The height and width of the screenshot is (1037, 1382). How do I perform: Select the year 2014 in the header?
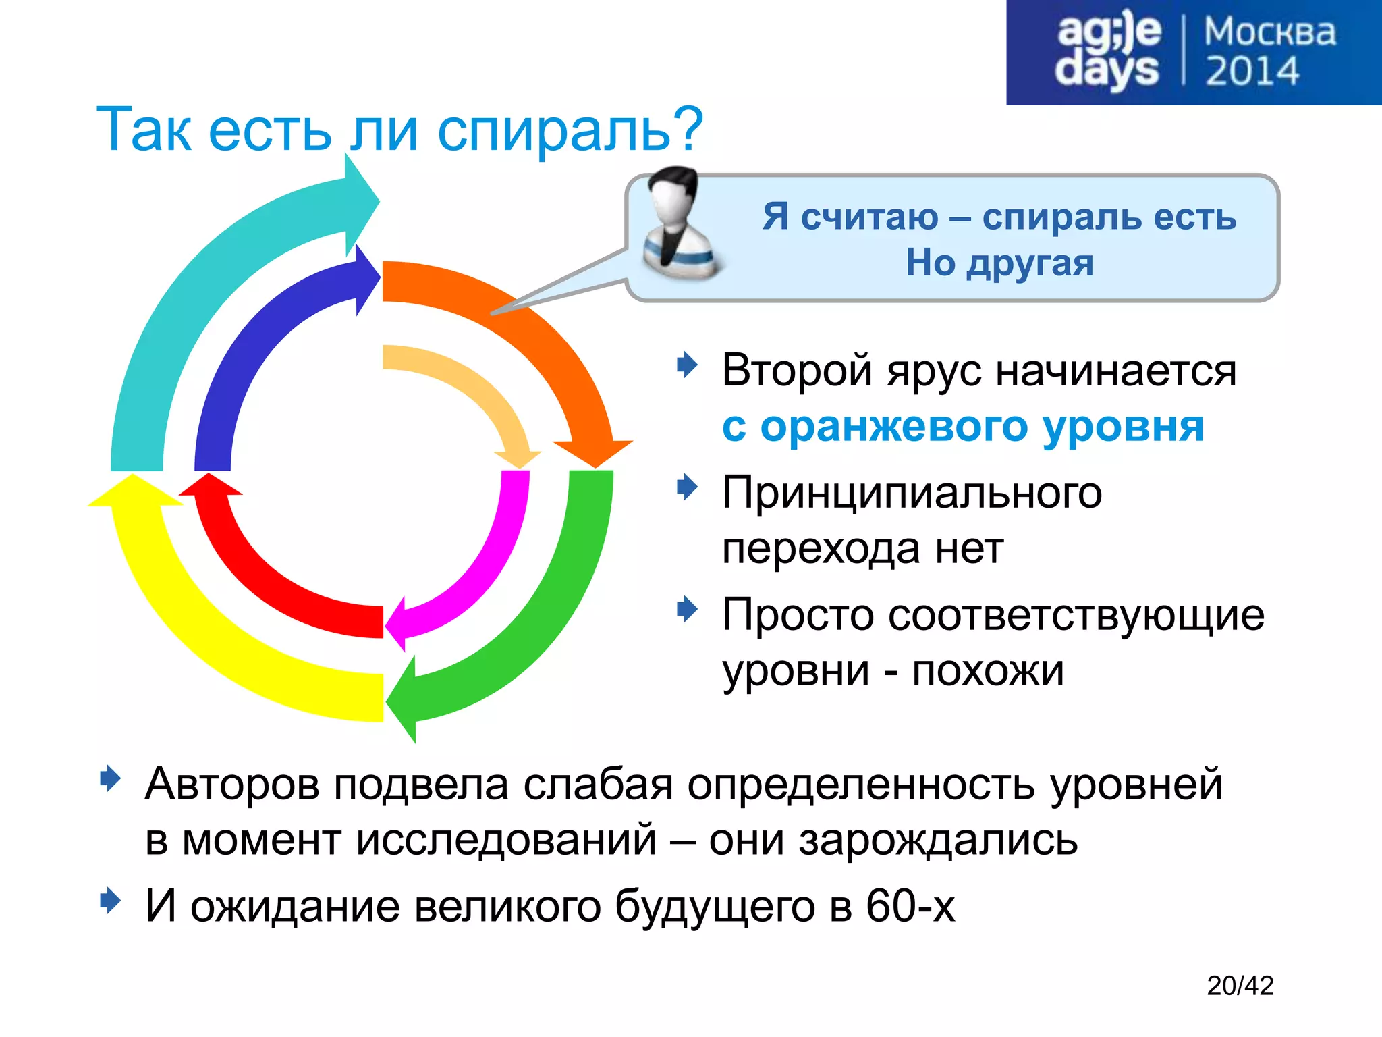pos(1252,72)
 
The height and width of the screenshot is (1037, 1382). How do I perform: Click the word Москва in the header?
pos(1269,32)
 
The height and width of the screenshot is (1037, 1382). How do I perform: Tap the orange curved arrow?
pos(533,331)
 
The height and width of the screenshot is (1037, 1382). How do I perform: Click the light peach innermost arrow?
pos(472,385)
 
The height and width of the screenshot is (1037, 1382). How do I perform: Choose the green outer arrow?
pos(553,608)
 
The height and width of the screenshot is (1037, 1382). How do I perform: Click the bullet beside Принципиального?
pos(687,487)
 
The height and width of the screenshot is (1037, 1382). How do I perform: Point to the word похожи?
pos(988,671)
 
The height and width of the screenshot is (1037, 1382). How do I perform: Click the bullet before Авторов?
pos(109,779)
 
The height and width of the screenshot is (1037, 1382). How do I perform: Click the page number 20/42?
pos(1240,986)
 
